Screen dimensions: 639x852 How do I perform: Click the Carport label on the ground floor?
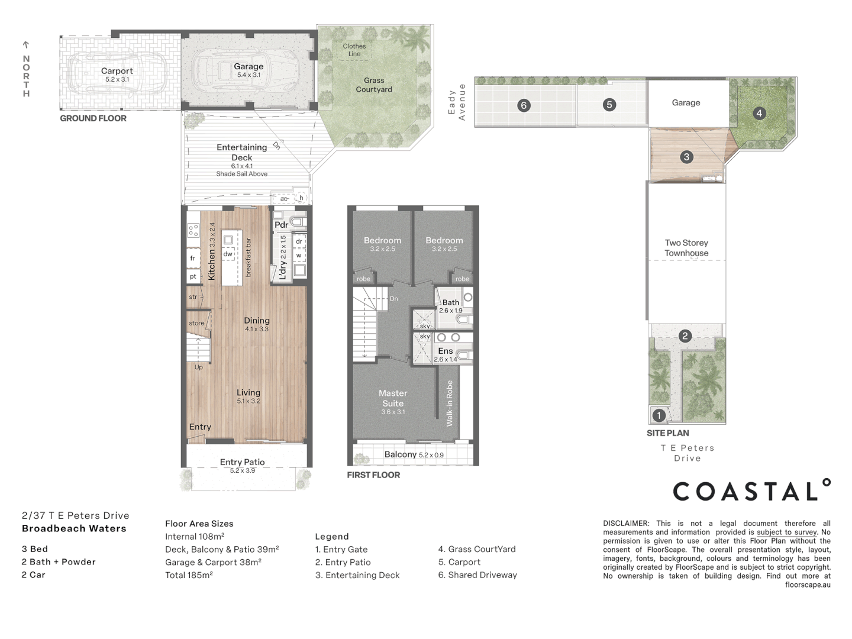[117, 71]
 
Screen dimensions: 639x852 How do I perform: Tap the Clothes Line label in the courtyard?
[354, 50]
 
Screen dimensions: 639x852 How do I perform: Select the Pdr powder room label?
[281, 225]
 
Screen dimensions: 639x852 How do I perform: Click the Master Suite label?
[393, 398]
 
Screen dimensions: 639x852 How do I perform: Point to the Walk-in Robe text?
[450, 404]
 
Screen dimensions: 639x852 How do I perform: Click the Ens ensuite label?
[446, 351]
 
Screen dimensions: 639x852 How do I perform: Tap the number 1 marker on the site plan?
[659, 415]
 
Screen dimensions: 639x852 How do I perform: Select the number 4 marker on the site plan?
[759, 113]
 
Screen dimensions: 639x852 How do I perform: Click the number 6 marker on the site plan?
[523, 105]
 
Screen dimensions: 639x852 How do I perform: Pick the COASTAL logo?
[751, 491]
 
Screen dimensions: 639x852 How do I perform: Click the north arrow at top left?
[26, 45]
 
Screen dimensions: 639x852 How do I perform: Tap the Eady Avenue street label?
[457, 102]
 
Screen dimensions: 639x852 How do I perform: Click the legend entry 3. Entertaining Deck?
[357, 575]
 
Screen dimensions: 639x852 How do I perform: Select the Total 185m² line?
[189, 575]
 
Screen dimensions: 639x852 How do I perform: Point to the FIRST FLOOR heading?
[373, 475]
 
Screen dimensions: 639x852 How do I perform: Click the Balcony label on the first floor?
[401, 454]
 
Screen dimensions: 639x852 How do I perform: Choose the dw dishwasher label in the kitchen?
[228, 254]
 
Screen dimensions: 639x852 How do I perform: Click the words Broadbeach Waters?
[74, 528]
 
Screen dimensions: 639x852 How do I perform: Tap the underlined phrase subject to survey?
[786, 532]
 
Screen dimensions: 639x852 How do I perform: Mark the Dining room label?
[257, 320]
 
